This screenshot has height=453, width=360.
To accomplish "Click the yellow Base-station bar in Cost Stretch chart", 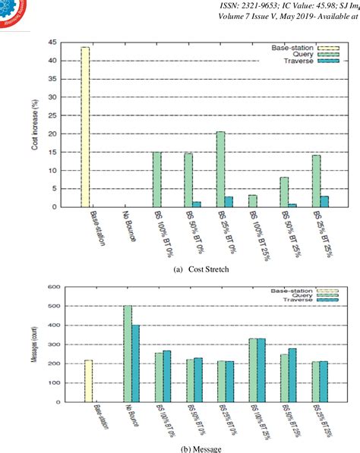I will click(x=85, y=127).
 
